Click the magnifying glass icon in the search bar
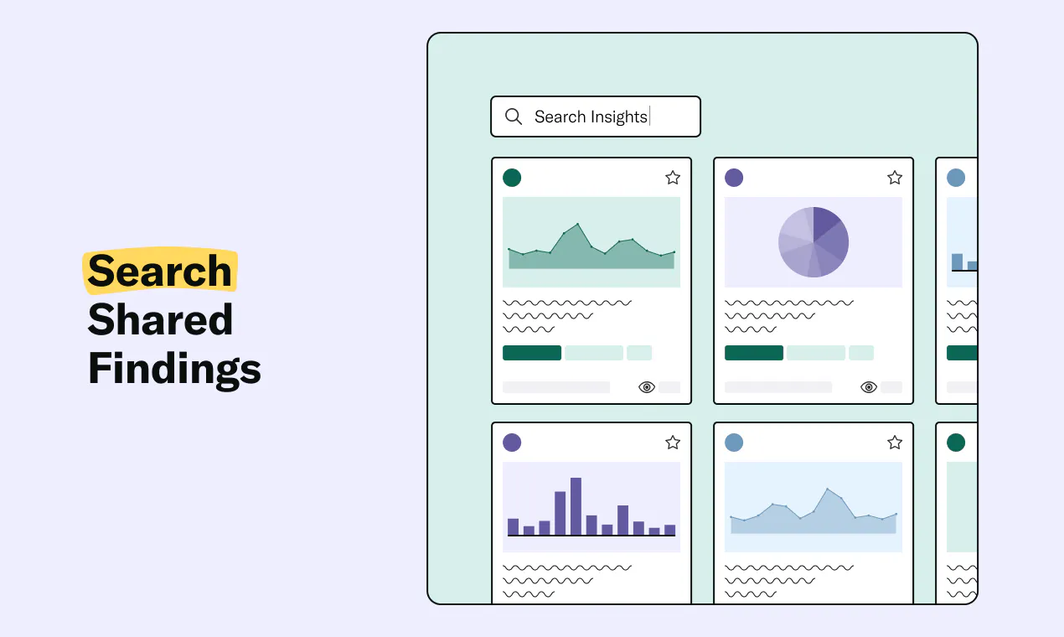(514, 117)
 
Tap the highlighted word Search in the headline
(159, 271)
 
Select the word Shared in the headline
(160, 319)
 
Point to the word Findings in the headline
(175, 369)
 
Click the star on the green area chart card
(673, 178)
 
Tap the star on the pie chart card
(895, 178)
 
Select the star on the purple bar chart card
(673, 442)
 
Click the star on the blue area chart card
(895, 442)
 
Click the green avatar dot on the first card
(512, 178)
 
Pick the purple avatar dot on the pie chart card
(734, 178)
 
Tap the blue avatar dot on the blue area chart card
(734, 443)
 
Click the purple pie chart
(813, 242)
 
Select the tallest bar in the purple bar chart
(576, 506)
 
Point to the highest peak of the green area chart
(577, 224)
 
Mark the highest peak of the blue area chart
(828, 489)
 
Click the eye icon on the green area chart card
(647, 387)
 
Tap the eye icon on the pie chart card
(869, 387)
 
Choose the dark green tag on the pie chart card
(754, 353)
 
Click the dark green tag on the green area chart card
(532, 353)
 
